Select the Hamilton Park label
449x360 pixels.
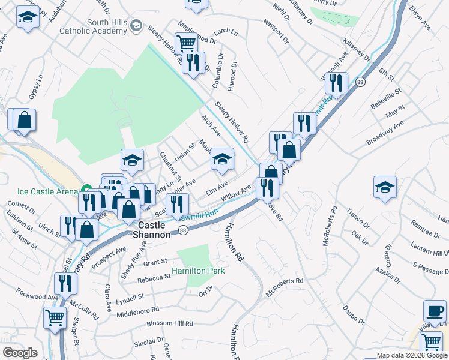[x=198, y=271]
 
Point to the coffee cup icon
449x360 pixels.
[x=435, y=311]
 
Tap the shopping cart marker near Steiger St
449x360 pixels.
[x=55, y=316]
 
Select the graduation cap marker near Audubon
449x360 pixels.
[x=27, y=17]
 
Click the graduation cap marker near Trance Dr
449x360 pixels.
[x=385, y=187]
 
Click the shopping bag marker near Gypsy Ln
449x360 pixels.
[x=23, y=119]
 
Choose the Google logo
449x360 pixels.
[x=20, y=353]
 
